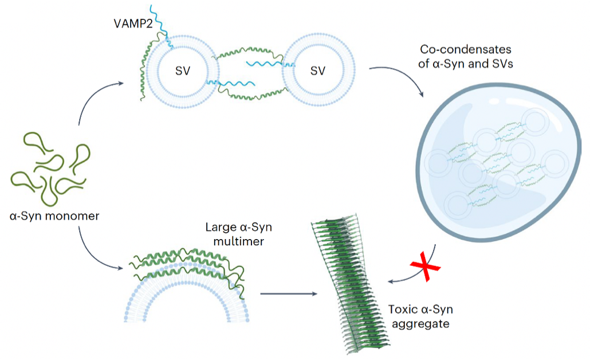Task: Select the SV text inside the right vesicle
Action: [317, 71]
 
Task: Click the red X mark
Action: [423, 268]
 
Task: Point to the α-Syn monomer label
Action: [54, 216]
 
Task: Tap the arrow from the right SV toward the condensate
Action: [401, 77]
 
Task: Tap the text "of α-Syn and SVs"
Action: [465, 64]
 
